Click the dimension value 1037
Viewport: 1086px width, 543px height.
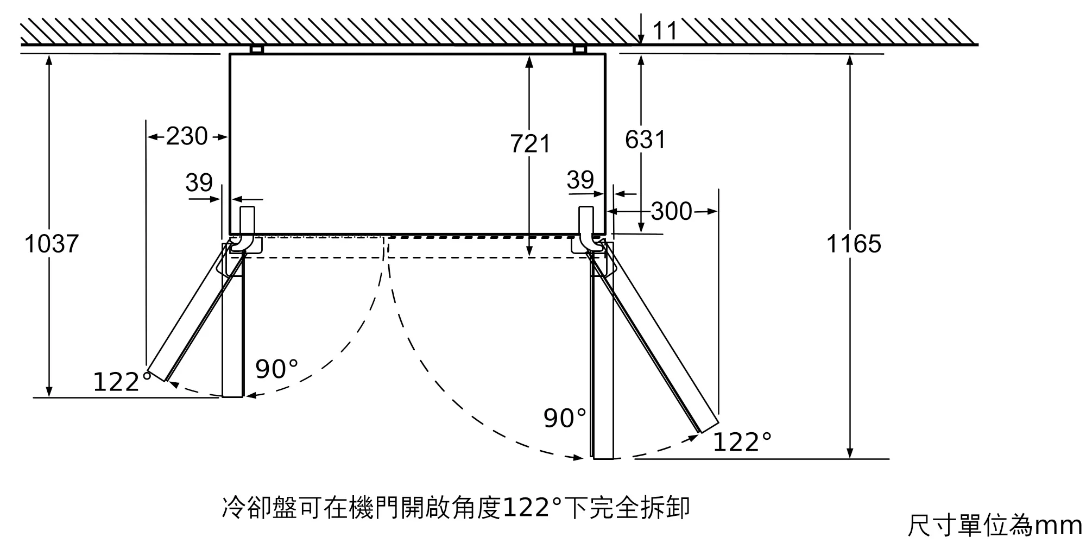pyautogui.click(x=52, y=244)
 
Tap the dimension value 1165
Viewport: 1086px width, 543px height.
pyautogui.click(x=854, y=244)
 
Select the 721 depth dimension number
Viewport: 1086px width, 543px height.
pyautogui.click(x=531, y=144)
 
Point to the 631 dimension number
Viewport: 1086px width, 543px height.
pyautogui.click(x=645, y=140)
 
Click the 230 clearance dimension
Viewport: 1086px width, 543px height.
pyautogui.click(x=187, y=136)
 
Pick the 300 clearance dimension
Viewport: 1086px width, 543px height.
pyautogui.click(x=672, y=211)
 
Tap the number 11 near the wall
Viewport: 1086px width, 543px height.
pyautogui.click(x=665, y=31)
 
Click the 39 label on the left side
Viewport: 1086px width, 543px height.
pyautogui.click(x=199, y=182)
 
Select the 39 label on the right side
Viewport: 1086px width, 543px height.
pyautogui.click(x=580, y=180)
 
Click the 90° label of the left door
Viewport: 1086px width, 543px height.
pyautogui.click(x=277, y=369)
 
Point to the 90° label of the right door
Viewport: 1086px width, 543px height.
pyautogui.click(x=565, y=418)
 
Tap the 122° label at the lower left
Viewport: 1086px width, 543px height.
pyautogui.click(x=123, y=382)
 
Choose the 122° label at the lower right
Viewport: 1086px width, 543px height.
pyautogui.click(x=742, y=442)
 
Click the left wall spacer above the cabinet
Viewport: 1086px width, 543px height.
pyautogui.click(x=257, y=49)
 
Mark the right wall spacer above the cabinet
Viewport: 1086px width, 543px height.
pyautogui.click(x=580, y=49)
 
